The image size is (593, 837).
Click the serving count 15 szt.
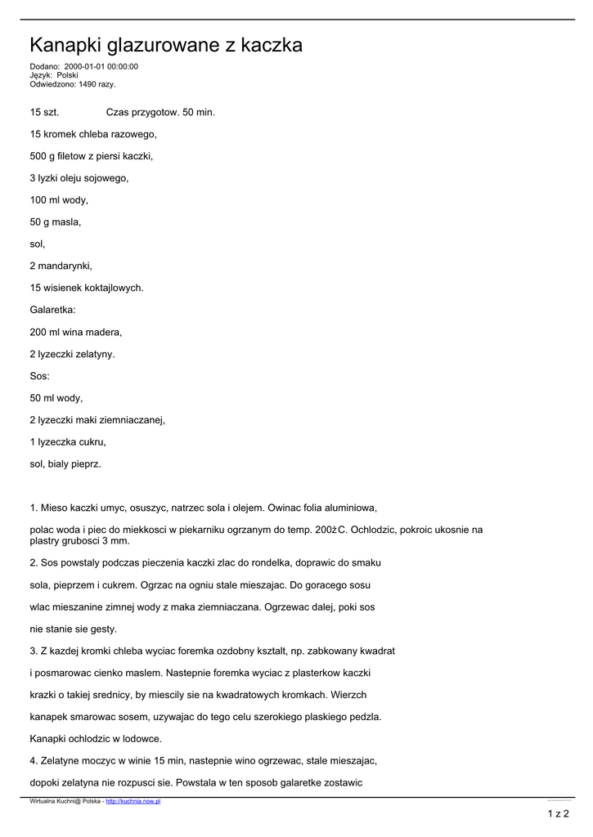pos(44,111)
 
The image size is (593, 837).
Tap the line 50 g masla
pos(56,222)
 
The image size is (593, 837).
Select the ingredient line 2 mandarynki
pos(61,266)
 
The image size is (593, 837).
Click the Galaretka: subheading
pos(53,310)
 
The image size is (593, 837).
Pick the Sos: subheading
pos(40,376)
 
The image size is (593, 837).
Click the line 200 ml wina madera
pos(76,332)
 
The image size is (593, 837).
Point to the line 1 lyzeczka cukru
pos(68,442)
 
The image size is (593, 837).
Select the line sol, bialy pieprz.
pos(65,464)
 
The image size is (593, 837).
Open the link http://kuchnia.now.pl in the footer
pos(133,802)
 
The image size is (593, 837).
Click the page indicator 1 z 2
pos(558,813)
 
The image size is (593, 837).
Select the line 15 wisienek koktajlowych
pos(87,288)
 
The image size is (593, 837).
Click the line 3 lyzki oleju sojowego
pos(79,177)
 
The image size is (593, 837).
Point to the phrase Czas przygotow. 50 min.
pos(160,111)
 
